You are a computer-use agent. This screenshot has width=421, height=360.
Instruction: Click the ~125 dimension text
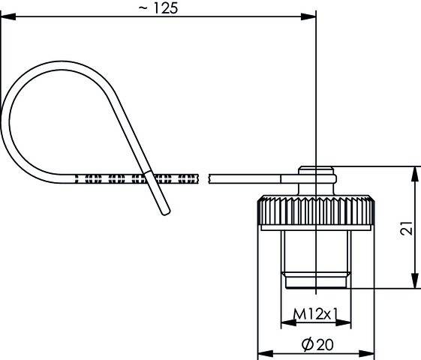[158, 8]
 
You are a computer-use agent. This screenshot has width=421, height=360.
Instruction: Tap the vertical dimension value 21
[406, 228]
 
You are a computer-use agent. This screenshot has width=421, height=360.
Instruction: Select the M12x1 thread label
[315, 313]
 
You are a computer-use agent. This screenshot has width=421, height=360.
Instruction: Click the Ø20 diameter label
[317, 344]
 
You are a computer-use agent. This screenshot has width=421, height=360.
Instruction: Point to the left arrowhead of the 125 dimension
[8, 16]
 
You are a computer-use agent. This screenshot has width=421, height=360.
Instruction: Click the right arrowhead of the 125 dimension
[308, 16]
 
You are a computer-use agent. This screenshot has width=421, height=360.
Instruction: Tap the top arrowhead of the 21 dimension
[415, 174]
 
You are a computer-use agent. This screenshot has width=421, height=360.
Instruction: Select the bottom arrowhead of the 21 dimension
[415, 280]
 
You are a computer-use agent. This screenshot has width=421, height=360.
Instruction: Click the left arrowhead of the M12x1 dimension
[289, 322]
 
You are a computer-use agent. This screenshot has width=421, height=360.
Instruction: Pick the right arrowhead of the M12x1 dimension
[343, 322]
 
